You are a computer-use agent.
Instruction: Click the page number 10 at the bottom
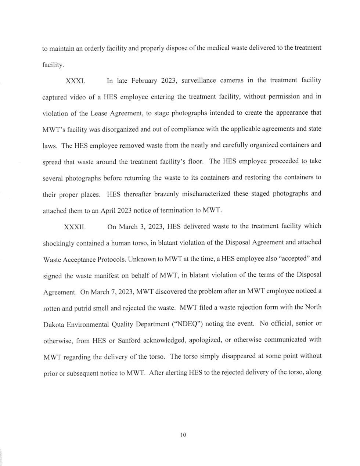tap(183, 435)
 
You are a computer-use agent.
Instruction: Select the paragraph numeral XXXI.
tap(75, 81)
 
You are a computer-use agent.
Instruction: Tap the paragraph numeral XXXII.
tap(75, 227)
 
